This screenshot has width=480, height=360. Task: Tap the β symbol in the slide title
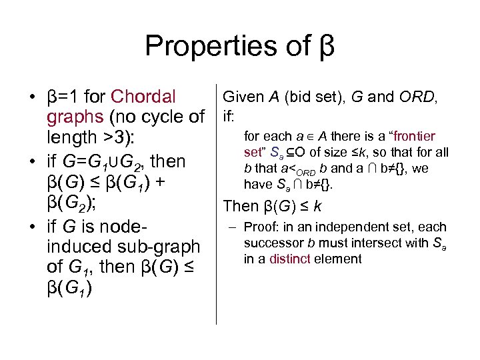(323, 47)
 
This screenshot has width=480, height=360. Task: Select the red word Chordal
(144, 97)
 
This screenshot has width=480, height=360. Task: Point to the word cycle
(159, 117)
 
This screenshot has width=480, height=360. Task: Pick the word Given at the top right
(244, 97)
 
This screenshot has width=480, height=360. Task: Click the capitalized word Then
(241, 206)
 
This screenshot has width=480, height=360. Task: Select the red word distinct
(289, 259)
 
